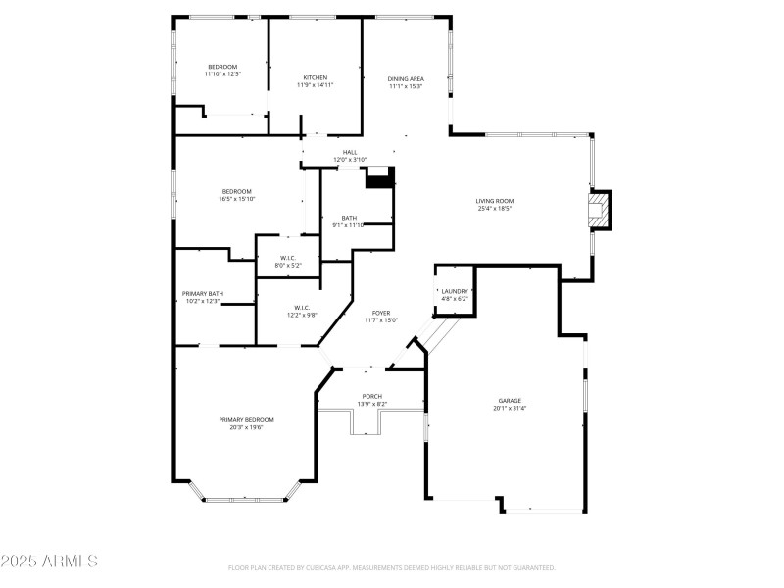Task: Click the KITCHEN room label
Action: pos(315,77)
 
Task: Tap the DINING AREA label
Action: pos(406,77)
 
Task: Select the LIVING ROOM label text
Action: pos(495,200)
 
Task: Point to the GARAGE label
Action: pos(509,400)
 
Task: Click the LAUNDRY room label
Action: pos(455,291)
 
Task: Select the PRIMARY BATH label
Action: pos(202,293)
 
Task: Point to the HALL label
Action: pos(350,152)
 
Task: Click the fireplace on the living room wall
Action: pos(598,211)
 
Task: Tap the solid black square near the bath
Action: pos(378,177)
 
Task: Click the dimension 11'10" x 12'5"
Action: pos(222,73)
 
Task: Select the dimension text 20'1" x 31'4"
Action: pos(509,408)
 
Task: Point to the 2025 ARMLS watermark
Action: pos(49,562)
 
